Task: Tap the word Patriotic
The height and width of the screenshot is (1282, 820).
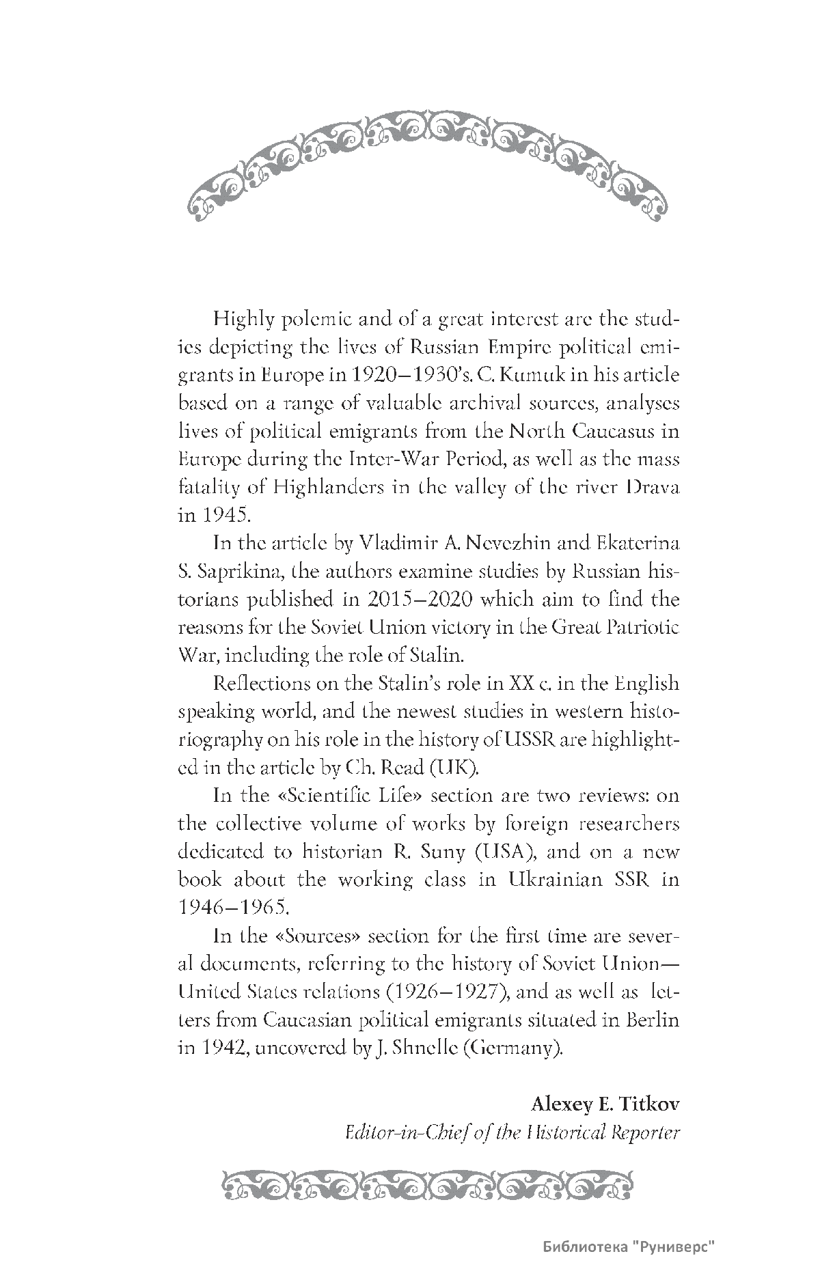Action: point(642,628)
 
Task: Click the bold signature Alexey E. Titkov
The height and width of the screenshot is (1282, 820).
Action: point(605,1103)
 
